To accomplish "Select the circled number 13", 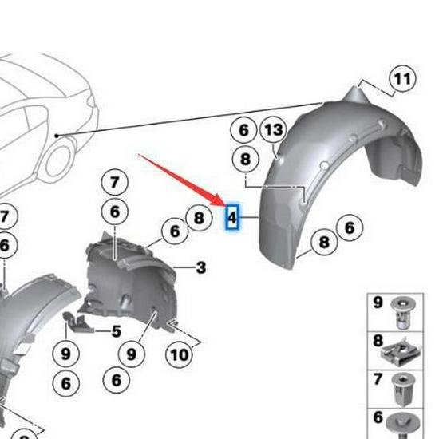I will (x=273, y=129).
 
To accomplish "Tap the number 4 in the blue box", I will (x=232, y=216).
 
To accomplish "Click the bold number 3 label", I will (x=200, y=267).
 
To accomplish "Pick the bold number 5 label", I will (x=116, y=331).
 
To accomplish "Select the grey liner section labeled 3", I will (x=128, y=275).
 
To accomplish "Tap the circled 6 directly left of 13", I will (x=243, y=129).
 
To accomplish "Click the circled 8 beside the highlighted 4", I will (x=198, y=217).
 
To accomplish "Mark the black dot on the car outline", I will (x=57, y=136).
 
